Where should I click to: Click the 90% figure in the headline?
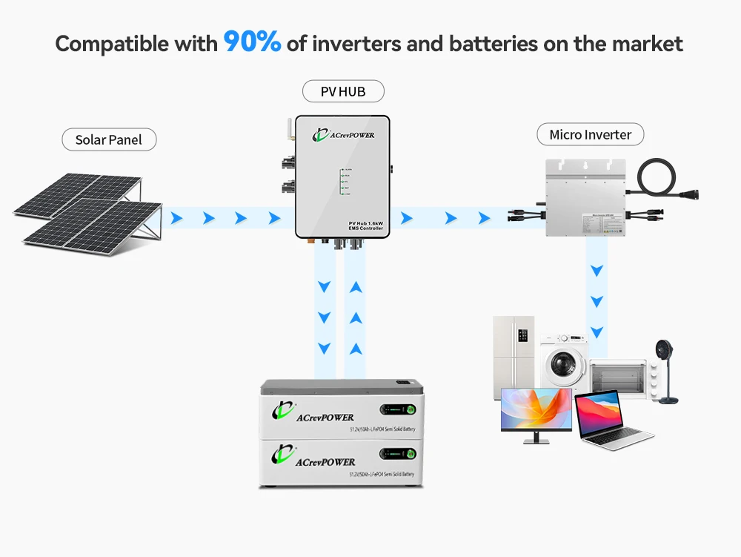[252, 42]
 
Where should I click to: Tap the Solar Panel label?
[108, 139]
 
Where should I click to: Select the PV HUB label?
[343, 91]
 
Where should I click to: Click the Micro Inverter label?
[590, 134]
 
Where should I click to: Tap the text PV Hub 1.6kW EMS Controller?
[365, 226]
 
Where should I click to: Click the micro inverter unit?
[585, 197]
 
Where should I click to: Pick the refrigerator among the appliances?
[514, 356]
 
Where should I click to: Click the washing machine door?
[561, 365]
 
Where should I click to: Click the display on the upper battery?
[398, 409]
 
